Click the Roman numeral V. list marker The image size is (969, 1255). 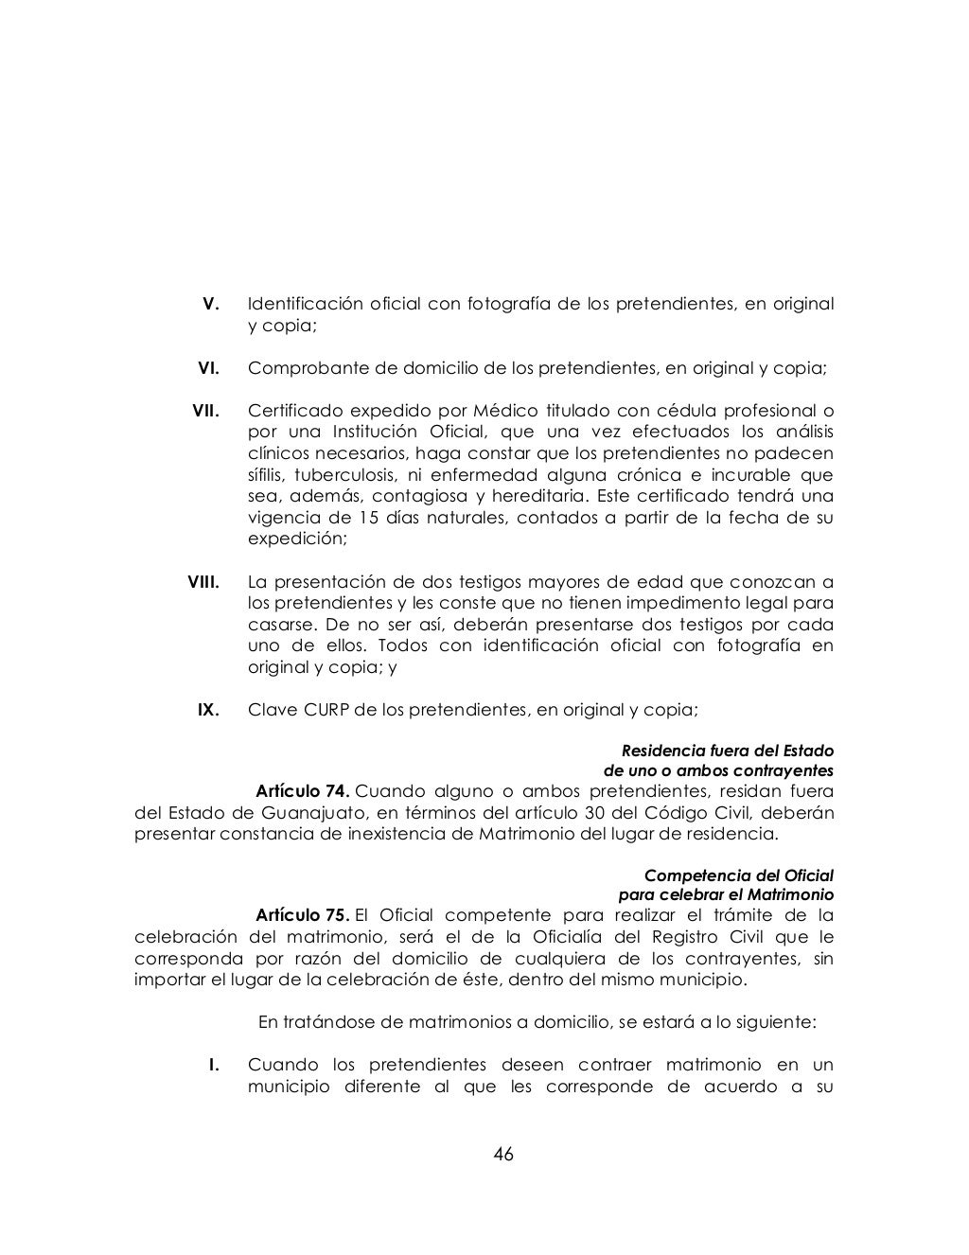click(212, 304)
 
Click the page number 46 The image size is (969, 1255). click(502, 1154)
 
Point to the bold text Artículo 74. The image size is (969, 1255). click(304, 791)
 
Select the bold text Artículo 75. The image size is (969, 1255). click(304, 914)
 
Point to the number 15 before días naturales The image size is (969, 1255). click(370, 518)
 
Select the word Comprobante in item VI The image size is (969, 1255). click(302, 368)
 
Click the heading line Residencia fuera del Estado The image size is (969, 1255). click(727, 751)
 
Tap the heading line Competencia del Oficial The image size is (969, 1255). click(738, 875)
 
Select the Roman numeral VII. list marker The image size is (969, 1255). click(205, 411)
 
